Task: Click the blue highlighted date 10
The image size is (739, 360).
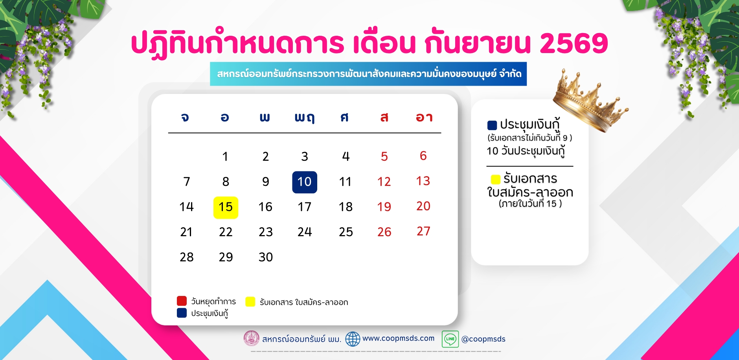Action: click(x=305, y=182)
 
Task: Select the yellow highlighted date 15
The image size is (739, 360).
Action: click(x=226, y=208)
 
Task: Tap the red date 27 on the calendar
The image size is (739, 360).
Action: click(x=423, y=231)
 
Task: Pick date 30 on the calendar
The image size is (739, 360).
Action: click(x=266, y=257)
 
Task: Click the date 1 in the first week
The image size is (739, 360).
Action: click(x=225, y=156)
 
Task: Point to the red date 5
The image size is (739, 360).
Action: click(x=384, y=156)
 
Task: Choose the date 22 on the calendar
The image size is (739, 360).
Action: click(x=226, y=232)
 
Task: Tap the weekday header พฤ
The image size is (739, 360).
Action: click(x=305, y=118)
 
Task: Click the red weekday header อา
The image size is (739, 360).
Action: click(x=424, y=117)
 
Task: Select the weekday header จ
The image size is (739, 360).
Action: click(x=185, y=117)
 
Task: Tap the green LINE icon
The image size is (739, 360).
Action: click(x=450, y=339)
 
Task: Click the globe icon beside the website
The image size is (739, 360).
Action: click(x=353, y=339)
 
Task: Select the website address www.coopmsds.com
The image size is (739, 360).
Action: click(x=399, y=338)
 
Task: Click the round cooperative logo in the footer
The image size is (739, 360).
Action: click(x=252, y=338)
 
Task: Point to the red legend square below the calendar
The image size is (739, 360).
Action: click(x=182, y=301)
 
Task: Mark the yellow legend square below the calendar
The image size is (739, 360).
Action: click(x=250, y=301)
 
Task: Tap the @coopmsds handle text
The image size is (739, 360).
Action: click(x=483, y=339)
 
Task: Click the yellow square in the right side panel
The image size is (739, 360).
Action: click(x=495, y=179)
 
